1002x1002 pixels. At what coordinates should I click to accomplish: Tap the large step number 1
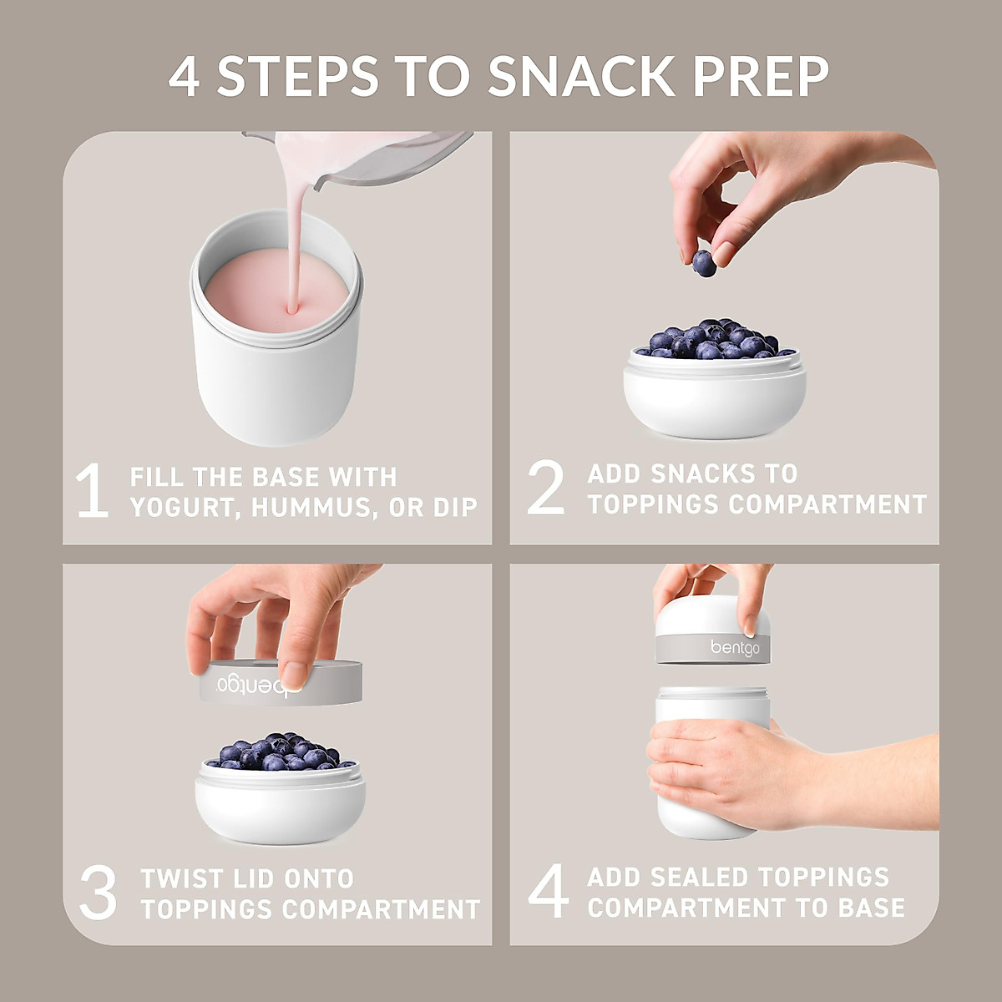click(92, 491)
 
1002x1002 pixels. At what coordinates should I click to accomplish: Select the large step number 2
click(546, 488)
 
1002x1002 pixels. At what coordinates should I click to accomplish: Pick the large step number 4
click(549, 891)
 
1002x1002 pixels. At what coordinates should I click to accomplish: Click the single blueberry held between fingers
click(704, 263)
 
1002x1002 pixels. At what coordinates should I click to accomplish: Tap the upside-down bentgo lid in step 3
click(281, 682)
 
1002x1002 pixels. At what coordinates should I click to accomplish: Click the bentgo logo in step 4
click(735, 648)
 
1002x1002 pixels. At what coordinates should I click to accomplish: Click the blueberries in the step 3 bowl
click(280, 751)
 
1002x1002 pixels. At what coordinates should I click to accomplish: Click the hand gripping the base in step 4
click(726, 772)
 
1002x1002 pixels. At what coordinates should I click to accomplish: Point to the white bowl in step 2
click(714, 401)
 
